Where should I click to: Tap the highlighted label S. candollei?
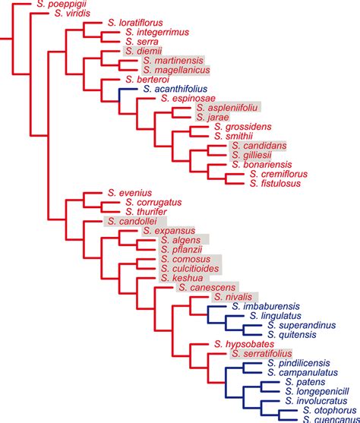(134, 222)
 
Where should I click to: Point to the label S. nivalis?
(236, 297)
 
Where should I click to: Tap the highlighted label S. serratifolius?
(261, 353)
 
